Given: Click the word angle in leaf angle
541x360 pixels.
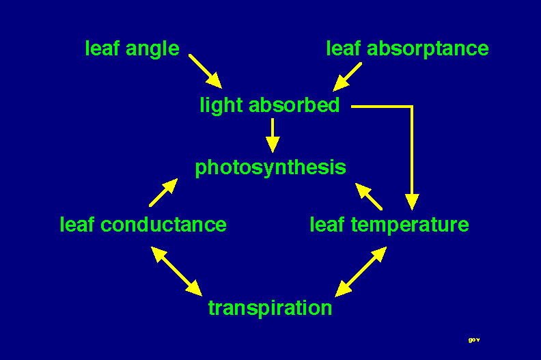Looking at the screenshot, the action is coord(152,49).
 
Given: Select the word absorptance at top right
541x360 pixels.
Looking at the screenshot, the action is coord(428,49).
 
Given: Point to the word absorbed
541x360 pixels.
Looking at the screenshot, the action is coord(294,105).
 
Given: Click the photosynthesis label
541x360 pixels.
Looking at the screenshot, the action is coord(270,168).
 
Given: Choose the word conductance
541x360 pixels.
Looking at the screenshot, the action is coord(163,225).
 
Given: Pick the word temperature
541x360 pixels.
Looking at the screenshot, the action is coord(410,225).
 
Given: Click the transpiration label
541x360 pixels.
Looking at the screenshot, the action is coord(270,308).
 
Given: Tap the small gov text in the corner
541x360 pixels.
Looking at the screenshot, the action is coord(474,340).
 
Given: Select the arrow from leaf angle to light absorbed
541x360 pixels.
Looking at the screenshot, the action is coord(206,72).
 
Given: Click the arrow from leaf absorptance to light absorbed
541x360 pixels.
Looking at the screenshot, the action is coord(347,77).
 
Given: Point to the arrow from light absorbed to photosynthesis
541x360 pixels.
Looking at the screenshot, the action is coord(273,135).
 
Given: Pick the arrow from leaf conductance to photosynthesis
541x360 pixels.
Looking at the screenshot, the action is coord(163,193).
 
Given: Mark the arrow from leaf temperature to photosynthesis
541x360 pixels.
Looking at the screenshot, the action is coord(369,197).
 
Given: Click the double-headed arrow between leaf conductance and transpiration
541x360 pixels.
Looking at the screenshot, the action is coord(177,271).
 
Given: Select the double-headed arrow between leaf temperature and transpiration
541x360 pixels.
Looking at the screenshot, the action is coord(361,272).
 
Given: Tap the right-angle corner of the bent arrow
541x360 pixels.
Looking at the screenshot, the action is coord(412,107).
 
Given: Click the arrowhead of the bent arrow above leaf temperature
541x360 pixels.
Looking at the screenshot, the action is coord(412,202).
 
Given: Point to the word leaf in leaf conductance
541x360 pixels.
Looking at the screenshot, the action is coord(77,224).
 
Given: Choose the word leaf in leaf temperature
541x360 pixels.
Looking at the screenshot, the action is coord(327,224).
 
